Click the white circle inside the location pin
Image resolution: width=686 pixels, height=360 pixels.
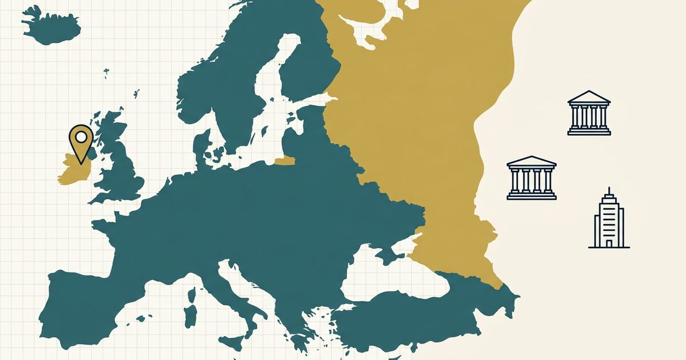click(x=81, y=137)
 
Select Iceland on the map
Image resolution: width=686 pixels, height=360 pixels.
click(x=51, y=26)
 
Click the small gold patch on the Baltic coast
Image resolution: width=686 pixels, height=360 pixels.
click(x=284, y=161)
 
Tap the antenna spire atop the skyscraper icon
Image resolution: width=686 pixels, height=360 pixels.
click(x=609, y=190)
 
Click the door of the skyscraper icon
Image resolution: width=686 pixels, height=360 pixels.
click(x=609, y=243)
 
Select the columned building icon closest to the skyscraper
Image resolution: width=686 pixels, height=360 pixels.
click(x=532, y=178)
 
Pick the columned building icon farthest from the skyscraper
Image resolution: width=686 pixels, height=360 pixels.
click(x=589, y=113)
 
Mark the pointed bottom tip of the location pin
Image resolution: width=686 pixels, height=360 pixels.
click(x=81, y=163)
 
